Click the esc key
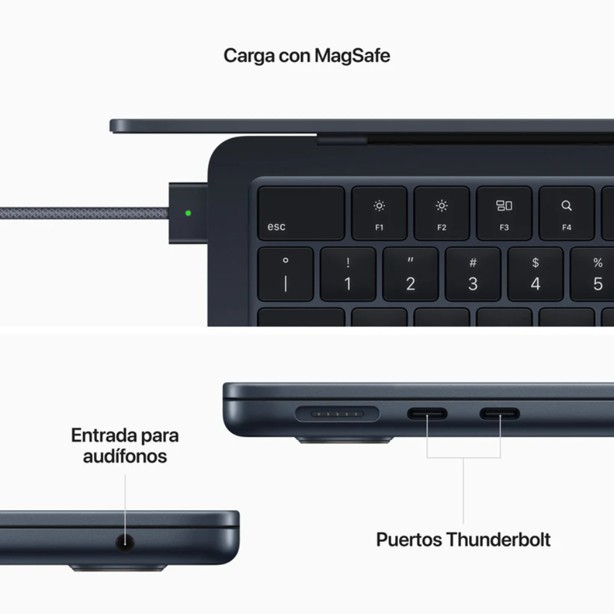pyautogui.click(x=301, y=213)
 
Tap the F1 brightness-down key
pyautogui.click(x=379, y=213)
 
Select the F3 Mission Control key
pyautogui.click(x=504, y=213)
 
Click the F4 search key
pyautogui.click(x=566, y=213)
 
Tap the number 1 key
pyautogui.click(x=348, y=274)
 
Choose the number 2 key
pyautogui.click(x=410, y=274)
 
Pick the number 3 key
pyautogui.click(x=473, y=274)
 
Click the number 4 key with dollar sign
pyautogui.click(x=535, y=274)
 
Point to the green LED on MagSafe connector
pyautogui.click(x=188, y=214)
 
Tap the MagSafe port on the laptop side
pyautogui.click(x=337, y=414)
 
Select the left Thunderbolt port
pyautogui.click(x=427, y=414)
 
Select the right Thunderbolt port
pyautogui.click(x=500, y=414)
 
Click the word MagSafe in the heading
pyautogui.click(x=352, y=56)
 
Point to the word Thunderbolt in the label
pyautogui.click(x=498, y=540)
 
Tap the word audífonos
pyautogui.click(x=125, y=456)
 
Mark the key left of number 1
pyautogui.click(x=286, y=274)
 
